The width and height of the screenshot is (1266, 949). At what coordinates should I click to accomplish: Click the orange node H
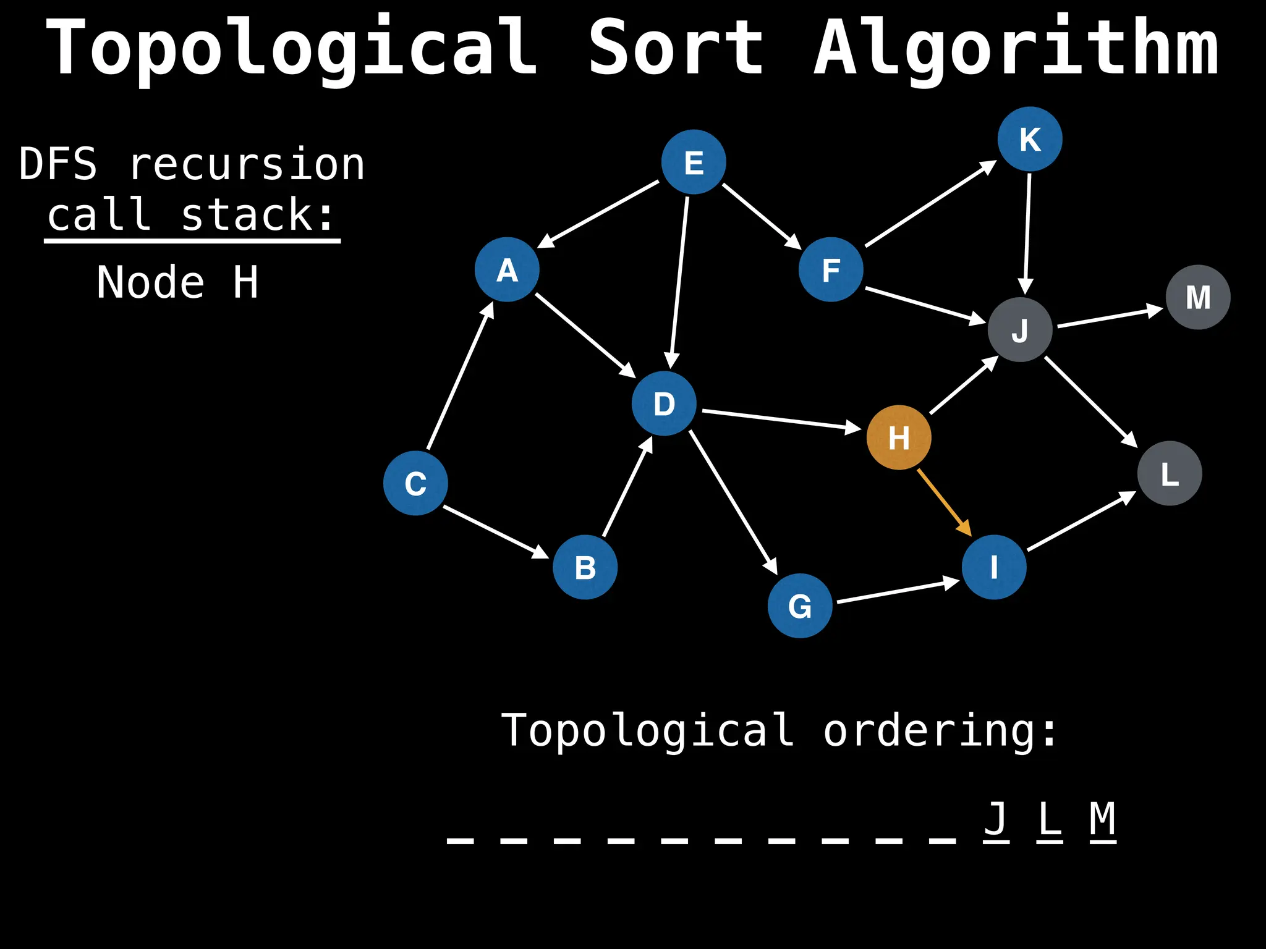[899, 437]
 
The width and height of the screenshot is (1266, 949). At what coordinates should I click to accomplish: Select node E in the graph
[694, 162]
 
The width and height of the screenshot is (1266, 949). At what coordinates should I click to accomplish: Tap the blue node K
[1030, 139]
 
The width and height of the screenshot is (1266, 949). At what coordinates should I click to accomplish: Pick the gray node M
[1198, 297]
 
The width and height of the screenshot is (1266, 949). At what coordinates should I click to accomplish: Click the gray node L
[1170, 473]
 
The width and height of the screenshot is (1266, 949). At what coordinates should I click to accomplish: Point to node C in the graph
[415, 483]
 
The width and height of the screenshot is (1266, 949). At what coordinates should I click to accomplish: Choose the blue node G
[800, 605]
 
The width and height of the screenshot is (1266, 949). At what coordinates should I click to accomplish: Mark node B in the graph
[585, 567]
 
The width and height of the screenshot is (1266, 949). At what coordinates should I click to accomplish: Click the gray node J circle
[1020, 329]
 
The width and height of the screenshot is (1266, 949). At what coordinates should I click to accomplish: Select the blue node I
[994, 567]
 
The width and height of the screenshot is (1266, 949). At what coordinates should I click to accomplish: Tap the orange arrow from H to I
[944, 502]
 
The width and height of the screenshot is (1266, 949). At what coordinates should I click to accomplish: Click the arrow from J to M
[1110, 316]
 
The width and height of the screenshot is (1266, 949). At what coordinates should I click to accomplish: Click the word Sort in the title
[676, 48]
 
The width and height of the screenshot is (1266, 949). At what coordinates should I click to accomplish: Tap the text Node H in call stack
[177, 282]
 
